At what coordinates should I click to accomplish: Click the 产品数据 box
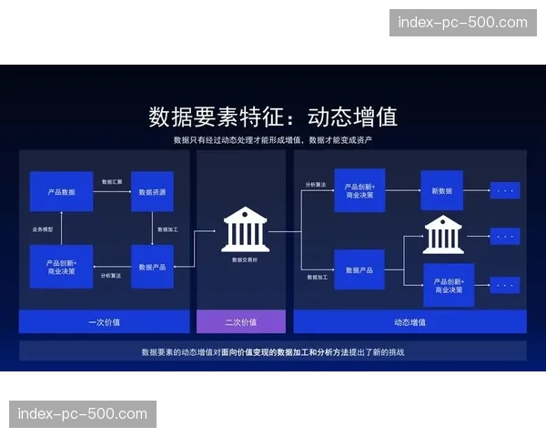pyautogui.click(x=62, y=192)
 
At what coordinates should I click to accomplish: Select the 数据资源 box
pyautogui.click(x=152, y=192)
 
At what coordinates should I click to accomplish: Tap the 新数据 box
pyautogui.click(x=441, y=190)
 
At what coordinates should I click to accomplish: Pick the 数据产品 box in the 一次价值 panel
pyautogui.click(x=152, y=267)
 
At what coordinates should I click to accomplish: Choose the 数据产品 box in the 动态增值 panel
pyautogui.click(x=359, y=269)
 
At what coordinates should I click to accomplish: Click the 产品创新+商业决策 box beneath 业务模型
pyautogui.click(x=62, y=267)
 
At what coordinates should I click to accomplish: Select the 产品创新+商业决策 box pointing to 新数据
pyautogui.click(x=359, y=190)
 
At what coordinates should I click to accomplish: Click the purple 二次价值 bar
pyautogui.click(x=241, y=321)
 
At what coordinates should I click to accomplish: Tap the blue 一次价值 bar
pyautogui.click(x=105, y=321)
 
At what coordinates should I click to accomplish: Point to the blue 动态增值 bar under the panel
pyautogui.click(x=409, y=321)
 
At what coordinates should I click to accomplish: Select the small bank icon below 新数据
pyautogui.click(x=442, y=235)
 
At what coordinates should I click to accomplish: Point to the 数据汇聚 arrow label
pyautogui.click(x=112, y=182)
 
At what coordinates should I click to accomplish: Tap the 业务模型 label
pyautogui.click(x=44, y=229)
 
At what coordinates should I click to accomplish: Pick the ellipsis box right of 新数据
pyautogui.click(x=505, y=190)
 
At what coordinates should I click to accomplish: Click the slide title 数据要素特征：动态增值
pyautogui.click(x=273, y=117)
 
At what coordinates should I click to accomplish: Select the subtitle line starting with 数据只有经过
pyautogui.click(x=273, y=140)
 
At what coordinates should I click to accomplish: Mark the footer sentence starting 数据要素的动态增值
pyautogui.click(x=273, y=351)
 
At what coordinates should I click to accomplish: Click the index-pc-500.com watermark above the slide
pyautogui.click(x=461, y=22)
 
